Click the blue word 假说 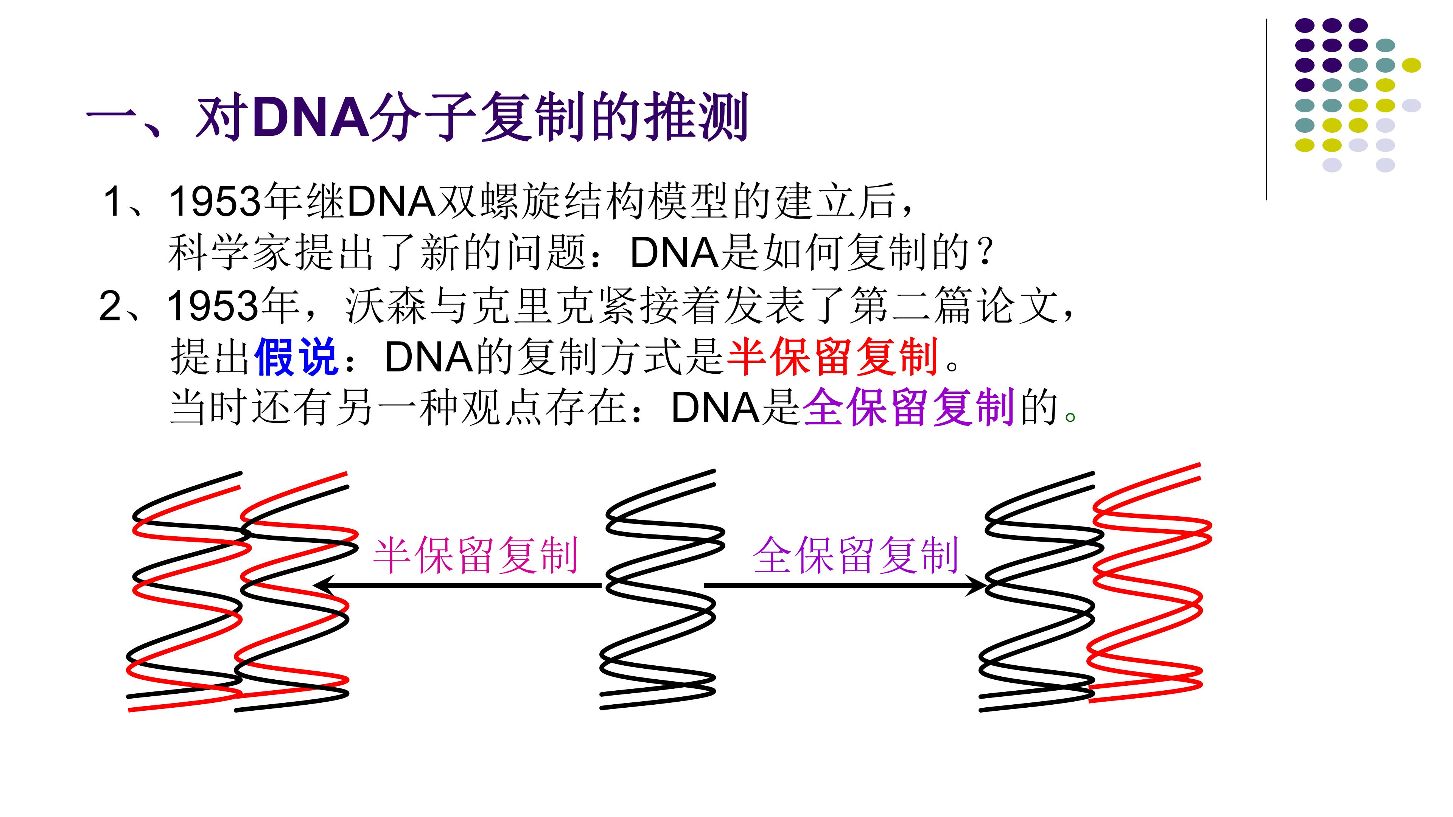[x=296, y=357]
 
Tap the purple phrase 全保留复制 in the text [x=909, y=407]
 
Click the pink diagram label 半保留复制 [x=476, y=555]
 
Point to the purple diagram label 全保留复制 [x=856, y=555]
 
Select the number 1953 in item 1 [x=216, y=201]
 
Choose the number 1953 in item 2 [x=214, y=306]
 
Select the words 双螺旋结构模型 [x=584, y=201]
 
